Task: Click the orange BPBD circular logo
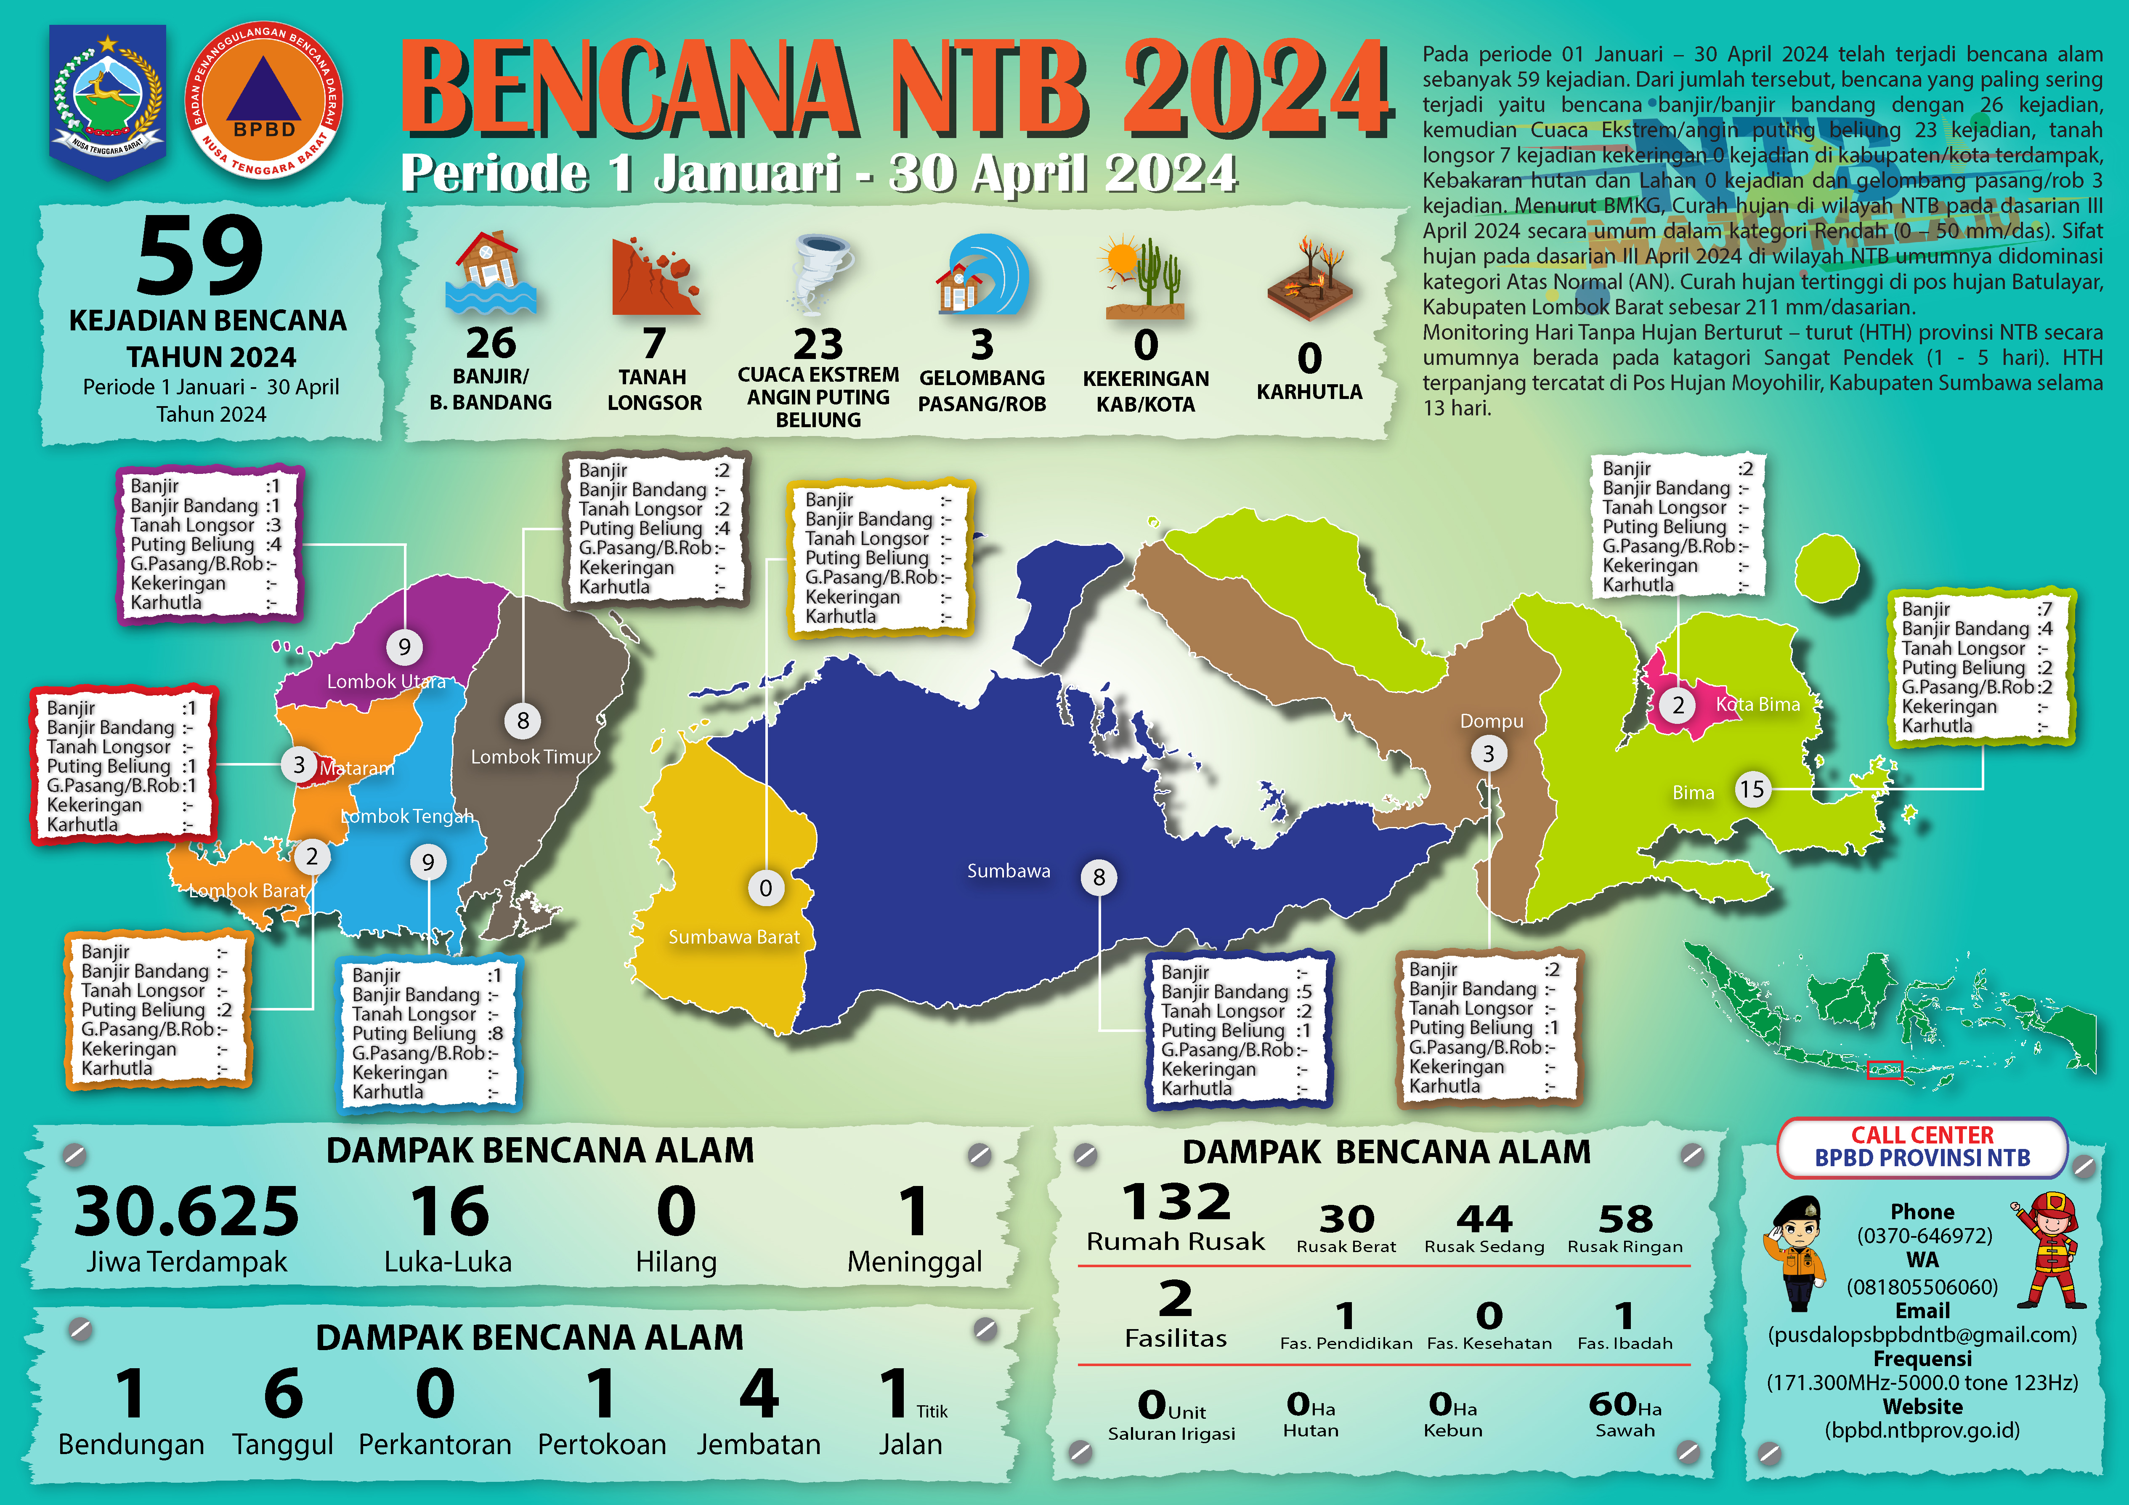264,100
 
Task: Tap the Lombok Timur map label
531,757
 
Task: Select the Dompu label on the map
1491,721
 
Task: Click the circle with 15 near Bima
1752,789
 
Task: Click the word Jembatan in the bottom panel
759,1444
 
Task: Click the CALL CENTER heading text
1922,1135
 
